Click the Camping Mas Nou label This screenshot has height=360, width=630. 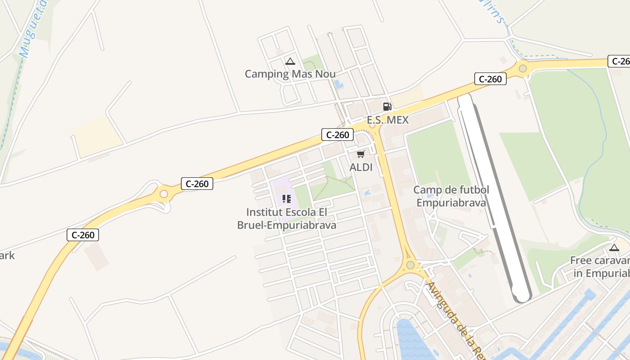pyautogui.click(x=290, y=74)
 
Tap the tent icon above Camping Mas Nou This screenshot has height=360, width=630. pyautogui.click(x=290, y=62)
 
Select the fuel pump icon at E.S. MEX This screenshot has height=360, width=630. pyautogui.click(x=387, y=107)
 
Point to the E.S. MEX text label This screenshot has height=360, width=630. pyautogui.click(x=387, y=120)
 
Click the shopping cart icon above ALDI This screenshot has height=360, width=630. pyautogui.click(x=360, y=154)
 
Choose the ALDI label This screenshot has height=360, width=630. pyautogui.click(x=361, y=167)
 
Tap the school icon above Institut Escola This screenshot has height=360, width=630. pyautogui.click(x=287, y=198)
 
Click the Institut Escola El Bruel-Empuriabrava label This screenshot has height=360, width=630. pyautogui.click(x=287, y=219)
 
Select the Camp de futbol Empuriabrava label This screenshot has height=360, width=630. pyautogui.click(x=451, y=196)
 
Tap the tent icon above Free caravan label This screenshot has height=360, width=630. pyautogui.click(x=614, y=247)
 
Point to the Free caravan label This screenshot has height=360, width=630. pyautogui.click(x=601, y=267)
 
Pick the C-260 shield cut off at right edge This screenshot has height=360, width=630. pyautogui.click(x=619, y=61)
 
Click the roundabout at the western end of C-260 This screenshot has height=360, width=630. pyautogui.click(x=164, y=194)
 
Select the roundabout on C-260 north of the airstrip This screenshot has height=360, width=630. pyautogui.click(x=522, y=69)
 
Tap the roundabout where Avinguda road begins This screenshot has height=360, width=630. pyautogui.click(x=410, y=265)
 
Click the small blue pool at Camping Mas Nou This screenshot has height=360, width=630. pyautogui.click(x=338, y=84)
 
